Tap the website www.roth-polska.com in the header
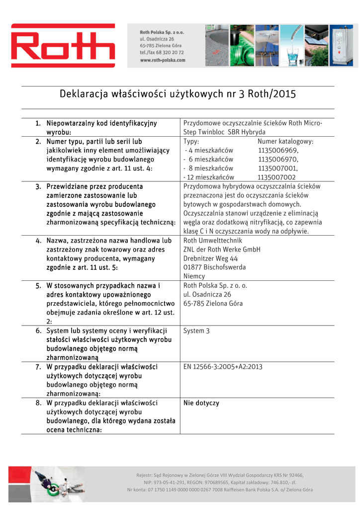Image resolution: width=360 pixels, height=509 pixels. pos(163,60)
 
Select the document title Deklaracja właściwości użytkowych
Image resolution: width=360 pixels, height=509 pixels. pos(178,93)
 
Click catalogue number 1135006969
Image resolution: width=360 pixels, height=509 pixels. pos(278,151)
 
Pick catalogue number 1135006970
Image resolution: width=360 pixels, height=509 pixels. pos(278,160)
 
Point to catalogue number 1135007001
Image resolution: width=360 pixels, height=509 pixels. pos(278,169)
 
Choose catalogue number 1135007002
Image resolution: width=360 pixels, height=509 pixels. pos(276,177)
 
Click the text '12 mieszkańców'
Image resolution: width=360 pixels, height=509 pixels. pos(209,177)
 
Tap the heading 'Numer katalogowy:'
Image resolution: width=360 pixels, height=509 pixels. pos(285,142)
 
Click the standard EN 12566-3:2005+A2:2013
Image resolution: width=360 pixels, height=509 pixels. pos(223,367)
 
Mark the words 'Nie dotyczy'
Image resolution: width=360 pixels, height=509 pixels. pos(201,403)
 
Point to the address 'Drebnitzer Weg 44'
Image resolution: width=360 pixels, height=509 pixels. pos(211,258)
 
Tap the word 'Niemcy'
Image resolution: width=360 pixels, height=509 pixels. pos(194,276)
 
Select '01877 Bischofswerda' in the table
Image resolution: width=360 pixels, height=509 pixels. pos(214,267)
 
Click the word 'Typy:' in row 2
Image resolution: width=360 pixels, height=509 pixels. pos(191,142)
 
